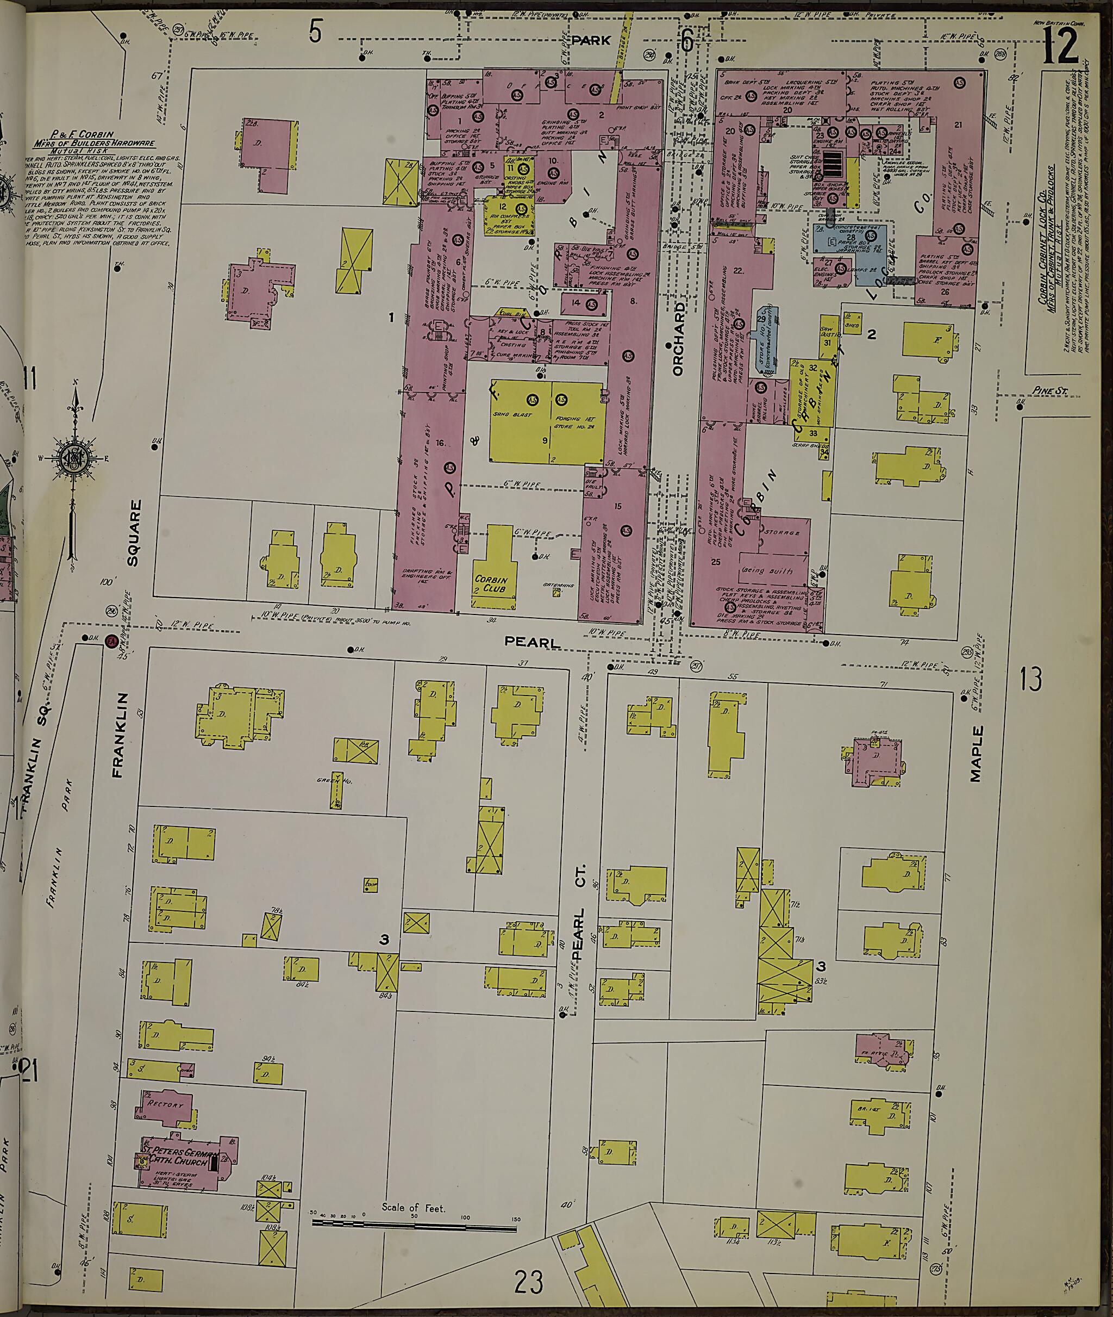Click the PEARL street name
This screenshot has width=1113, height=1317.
(533, 642)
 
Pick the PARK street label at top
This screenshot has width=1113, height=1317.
(591, 40)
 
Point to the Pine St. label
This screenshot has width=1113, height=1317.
(1049, 392)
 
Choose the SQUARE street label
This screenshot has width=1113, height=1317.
(133, 532)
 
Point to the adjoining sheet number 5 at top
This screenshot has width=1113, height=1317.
(315, 32)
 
